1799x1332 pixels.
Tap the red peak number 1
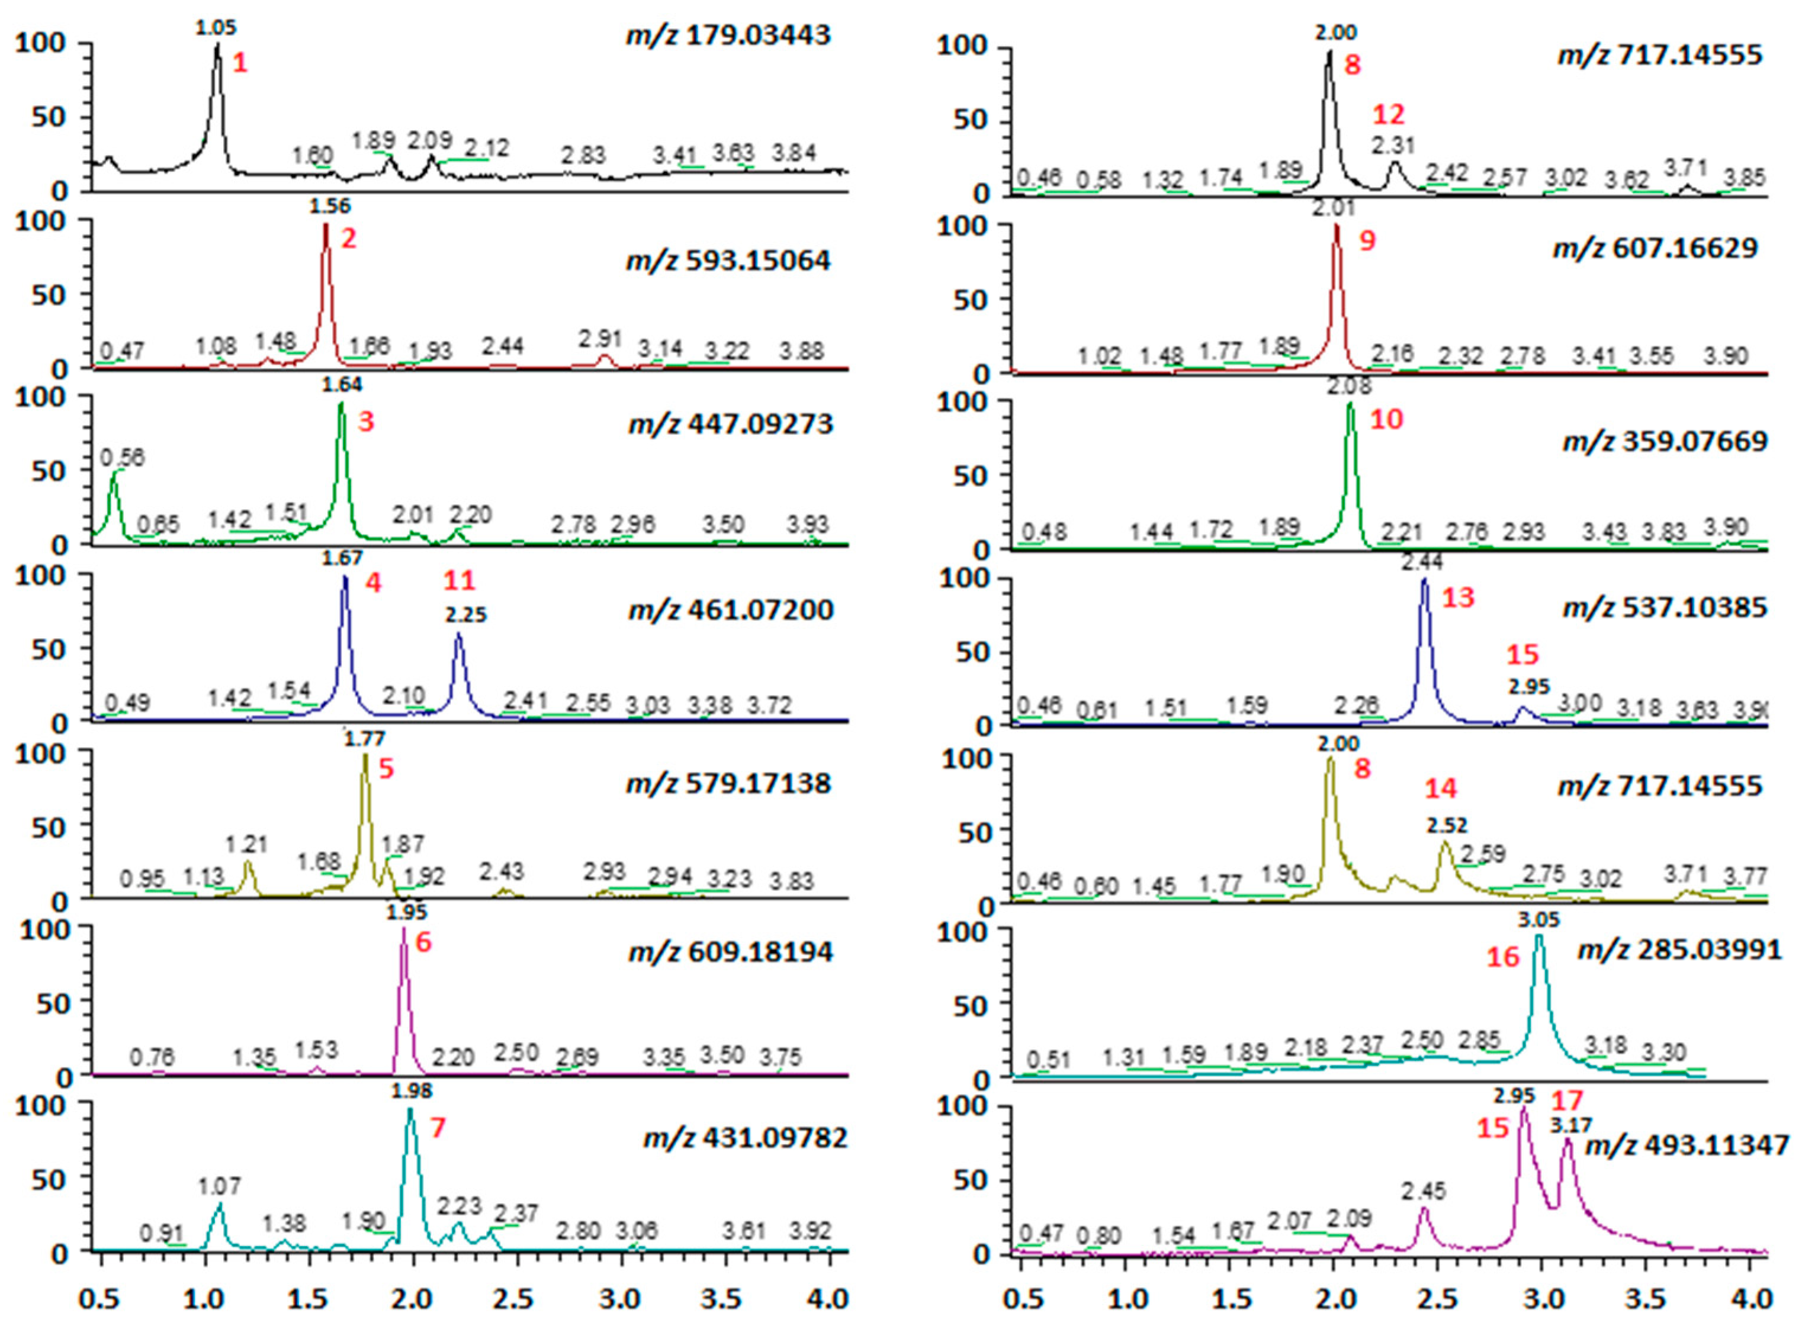tap(239, 63)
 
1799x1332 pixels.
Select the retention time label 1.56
tap(330, 207)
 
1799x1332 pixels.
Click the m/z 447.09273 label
tap(730, 424)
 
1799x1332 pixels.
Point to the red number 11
tap(459, 580)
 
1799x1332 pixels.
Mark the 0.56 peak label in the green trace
tap(122, 458)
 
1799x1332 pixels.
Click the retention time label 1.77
tap(364, 739)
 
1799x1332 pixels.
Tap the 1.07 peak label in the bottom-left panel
tap(219, 1186)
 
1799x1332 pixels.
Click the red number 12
tap(1389, 114)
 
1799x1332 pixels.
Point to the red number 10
tap(1387, 419)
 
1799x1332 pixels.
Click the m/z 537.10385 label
tap(1665, 607)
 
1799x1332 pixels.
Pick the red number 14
tap(1440, 787)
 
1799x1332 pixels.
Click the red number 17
tap(1567, 1100)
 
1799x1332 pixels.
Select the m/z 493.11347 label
tap(1687, 1145)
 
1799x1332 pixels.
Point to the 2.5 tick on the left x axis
tap(513, 1300)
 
